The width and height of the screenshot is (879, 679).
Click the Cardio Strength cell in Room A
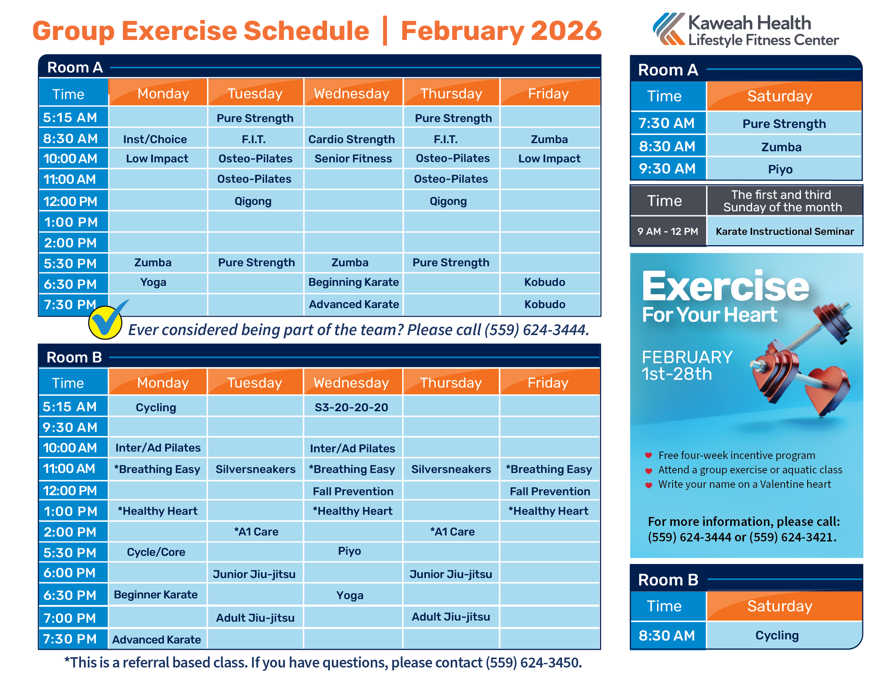coord(351,139)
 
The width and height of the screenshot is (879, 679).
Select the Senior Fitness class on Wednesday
coord(353,159)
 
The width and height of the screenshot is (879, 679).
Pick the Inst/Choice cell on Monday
coord(155,139)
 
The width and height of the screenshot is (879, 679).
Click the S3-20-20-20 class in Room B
coord(351,407)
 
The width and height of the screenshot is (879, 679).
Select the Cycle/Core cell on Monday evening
coord(156,552)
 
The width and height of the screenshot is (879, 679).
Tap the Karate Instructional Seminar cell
coord(784,231)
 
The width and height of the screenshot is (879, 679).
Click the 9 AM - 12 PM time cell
coord(667,231)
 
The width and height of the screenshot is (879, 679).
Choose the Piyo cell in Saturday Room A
coord(780,169)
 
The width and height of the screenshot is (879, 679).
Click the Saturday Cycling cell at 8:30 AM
coord(777,635)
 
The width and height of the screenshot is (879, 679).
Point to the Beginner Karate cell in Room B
coord(156,595)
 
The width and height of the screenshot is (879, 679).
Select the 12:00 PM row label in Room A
coord(71,201)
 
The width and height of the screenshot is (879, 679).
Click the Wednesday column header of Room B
coord(351,382)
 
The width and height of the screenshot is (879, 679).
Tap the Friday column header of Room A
coord(548,94)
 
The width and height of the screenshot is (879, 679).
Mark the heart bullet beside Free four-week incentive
coord(649,455)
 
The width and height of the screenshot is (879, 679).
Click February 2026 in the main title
coord(501,31)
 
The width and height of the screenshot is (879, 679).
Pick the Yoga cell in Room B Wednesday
coord(350,595)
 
